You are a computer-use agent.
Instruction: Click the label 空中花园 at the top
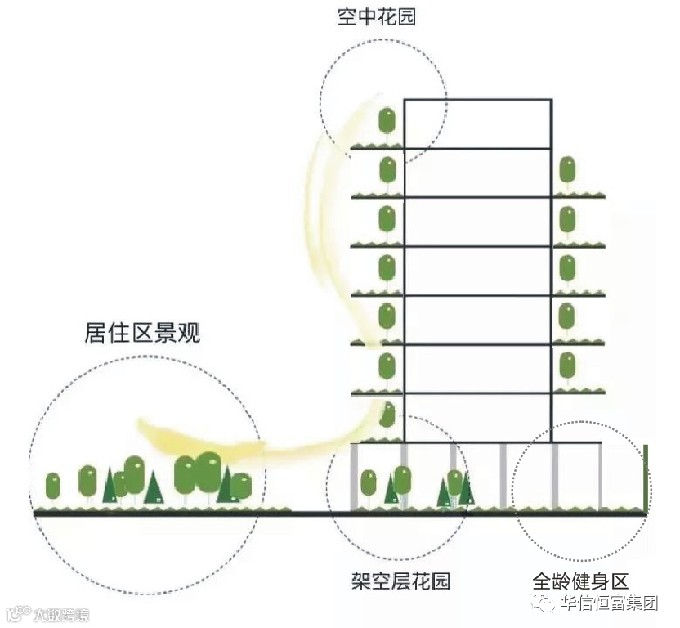pos(377,16)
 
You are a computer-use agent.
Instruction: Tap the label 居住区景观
pos(142,334)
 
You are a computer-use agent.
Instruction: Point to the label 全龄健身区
pos(580,581)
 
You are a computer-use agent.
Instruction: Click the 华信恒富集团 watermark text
pos(609,603)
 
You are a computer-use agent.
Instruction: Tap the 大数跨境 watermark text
pos(61,614)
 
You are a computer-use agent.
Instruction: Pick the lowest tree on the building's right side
pos(566,365)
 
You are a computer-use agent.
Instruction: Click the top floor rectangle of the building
pos(477,123)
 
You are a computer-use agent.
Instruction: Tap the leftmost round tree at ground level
pos(53,486)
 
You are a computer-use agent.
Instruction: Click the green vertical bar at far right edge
pos(646,478)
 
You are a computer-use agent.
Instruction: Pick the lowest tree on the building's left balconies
pos(388,413)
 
